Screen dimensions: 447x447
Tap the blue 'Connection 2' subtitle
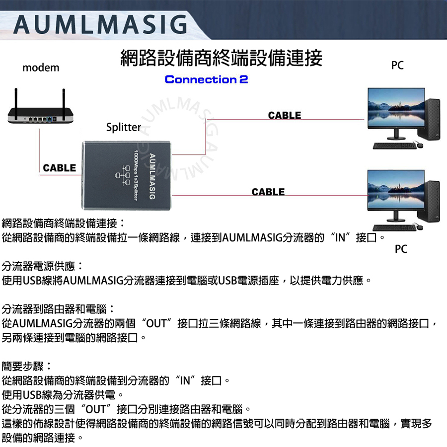(x=206, y=79)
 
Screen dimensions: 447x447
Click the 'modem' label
(x=41, y=68)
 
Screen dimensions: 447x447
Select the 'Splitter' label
(x=124, y=127)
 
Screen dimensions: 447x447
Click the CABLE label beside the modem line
(x=60, y=168)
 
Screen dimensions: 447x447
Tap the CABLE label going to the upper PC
(x=285, y=115)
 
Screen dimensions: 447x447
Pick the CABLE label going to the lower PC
(x=268, y=192)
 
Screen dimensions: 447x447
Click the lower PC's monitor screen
(x=395, y=189)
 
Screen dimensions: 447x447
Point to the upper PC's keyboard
(x=392, y=145)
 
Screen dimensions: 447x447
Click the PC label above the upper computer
(x=397, y=65)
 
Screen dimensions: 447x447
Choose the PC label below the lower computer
(x=401, y=249)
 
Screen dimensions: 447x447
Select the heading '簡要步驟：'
(x=26, y=367)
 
